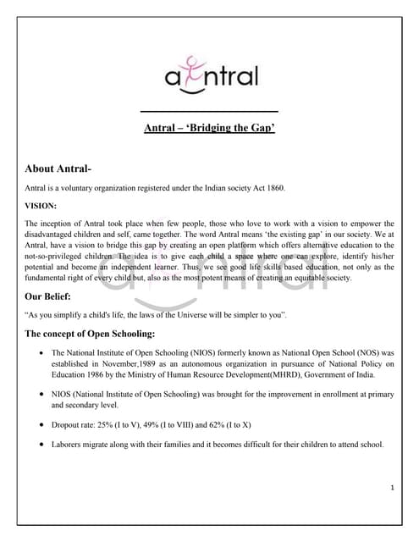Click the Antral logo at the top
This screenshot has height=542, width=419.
(x=210, y=79)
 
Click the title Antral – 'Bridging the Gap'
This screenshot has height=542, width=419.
(x=209, y=130)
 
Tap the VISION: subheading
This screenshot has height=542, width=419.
(x=41, y=205)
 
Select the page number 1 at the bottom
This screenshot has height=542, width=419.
(x=394, y=488)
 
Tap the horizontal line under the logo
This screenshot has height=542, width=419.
(x=209, y=112)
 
